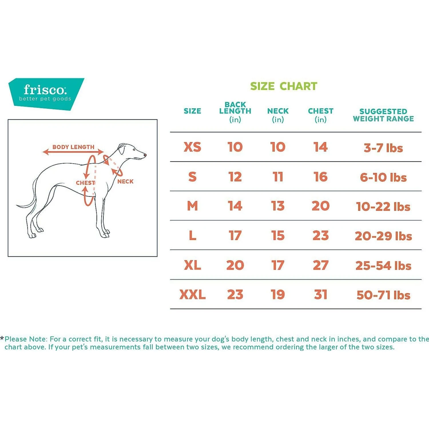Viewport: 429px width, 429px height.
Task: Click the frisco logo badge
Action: click(46, 94)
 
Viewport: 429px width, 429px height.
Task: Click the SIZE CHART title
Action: click(283, 86)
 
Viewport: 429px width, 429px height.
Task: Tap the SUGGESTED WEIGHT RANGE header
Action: click(383, 115)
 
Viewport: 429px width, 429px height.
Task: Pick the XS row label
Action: click(192, 147)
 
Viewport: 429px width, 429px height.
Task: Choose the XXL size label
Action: click(192, 295)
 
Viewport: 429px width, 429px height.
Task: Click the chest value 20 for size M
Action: click(321, 206)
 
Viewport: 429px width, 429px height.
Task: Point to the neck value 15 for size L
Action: click(278, 235)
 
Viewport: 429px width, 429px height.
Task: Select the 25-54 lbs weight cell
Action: click(383, 266)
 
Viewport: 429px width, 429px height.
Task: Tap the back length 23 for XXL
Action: click(235, 295)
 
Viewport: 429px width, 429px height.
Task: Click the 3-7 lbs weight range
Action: click(383, 148)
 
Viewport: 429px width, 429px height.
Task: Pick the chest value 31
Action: click(321, 295)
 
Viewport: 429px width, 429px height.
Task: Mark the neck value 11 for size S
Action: click(278, 177)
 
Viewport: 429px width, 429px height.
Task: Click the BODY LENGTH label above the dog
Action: click(73, 147)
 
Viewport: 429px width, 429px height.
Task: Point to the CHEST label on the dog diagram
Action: click(85, 183)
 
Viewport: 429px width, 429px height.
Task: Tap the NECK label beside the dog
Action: click(125, 181)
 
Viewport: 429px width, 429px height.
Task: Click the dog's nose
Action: click(145, 155)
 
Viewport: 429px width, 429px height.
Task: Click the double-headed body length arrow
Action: click(73, 152)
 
